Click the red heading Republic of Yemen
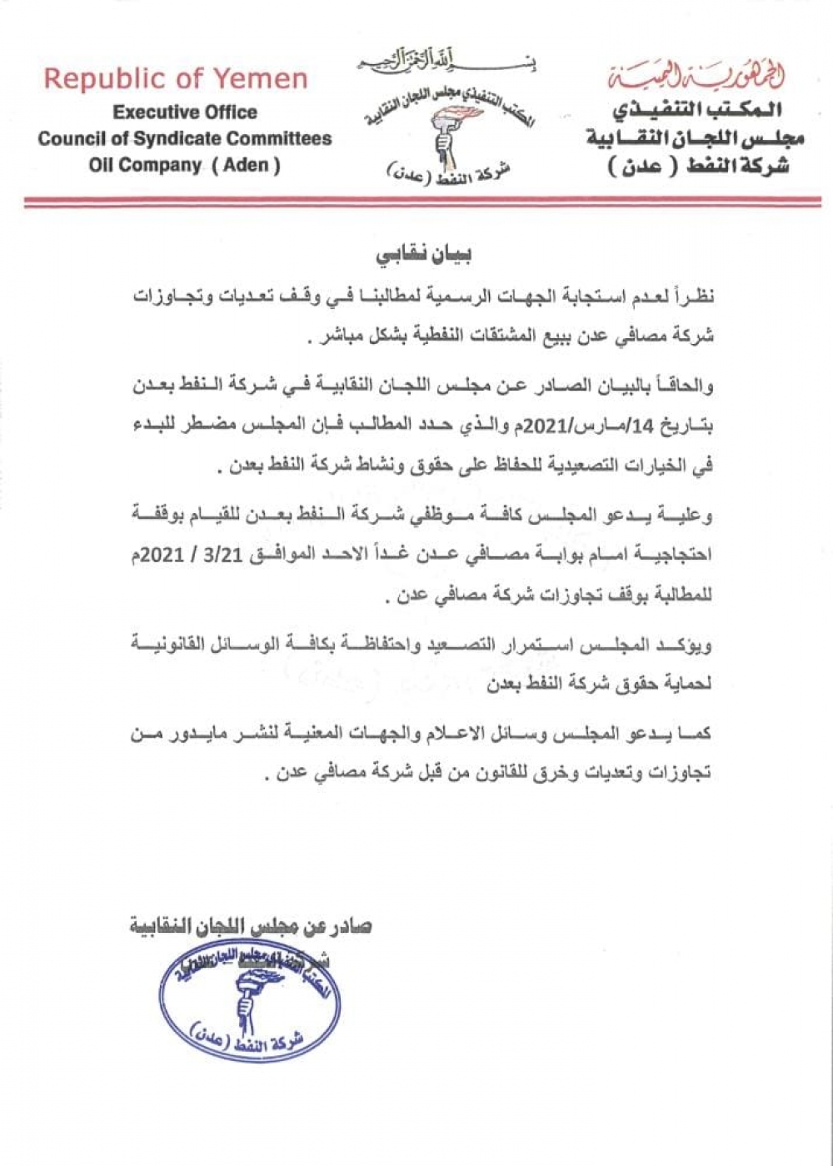coord(176,79)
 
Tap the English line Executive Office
coord(185,112)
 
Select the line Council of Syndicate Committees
coord(185,138)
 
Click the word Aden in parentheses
coord(246,165)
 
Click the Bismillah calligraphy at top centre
coord(446,61)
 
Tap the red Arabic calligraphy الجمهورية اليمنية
coord(696,77)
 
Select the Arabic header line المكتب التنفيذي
coord(696,109)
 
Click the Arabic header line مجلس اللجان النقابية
coord(695,137)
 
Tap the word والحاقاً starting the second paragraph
coord(682,386)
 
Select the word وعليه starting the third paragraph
coord(693,515)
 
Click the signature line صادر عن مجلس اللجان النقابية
coord(251,926)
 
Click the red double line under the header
coord(422,202)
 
